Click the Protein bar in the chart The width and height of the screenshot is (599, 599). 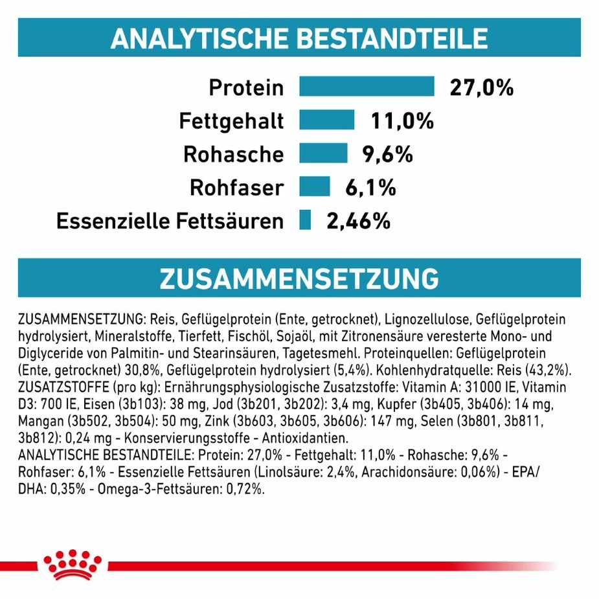coord(367,87)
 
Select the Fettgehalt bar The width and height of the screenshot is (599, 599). coord(327,120)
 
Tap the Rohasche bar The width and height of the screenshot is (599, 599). coord(323,154)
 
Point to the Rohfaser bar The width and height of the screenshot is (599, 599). coord(315,188)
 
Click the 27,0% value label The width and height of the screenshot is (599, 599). coord(481,87)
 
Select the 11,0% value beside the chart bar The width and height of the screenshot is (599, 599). coord(401,121)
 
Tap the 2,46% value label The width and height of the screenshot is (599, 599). coord(358,221)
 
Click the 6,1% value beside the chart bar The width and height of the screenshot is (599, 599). coord(370,188)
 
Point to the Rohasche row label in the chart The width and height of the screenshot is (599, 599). coord(234,155)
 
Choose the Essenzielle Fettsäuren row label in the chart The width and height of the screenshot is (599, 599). coord(170,221)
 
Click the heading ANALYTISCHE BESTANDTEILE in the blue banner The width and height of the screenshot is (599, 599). coord(299,38)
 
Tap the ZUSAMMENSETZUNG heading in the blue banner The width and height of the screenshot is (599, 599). coord(299,278)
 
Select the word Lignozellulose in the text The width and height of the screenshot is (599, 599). coord(429,320)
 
